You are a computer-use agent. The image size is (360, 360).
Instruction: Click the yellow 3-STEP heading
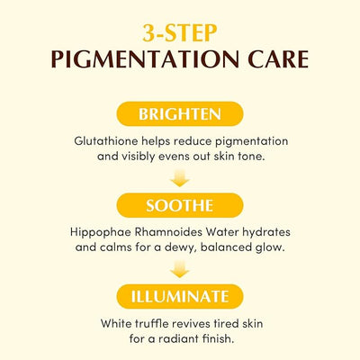pyautogui.click(x=180, y=33)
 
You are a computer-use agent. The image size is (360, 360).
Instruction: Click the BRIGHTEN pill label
pyautogui.click(x=180, y=114)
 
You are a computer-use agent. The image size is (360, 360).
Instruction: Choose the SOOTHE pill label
pyautogui.click(x=180, y=205)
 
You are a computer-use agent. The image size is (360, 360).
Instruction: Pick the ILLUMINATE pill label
pyautogui.click(x=180, y=297)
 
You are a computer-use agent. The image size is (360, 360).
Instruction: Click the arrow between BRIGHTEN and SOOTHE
pyautogui.click(x=180, y=178)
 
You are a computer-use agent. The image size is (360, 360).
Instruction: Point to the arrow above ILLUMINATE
pyautogui.click(x=180, y=269)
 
